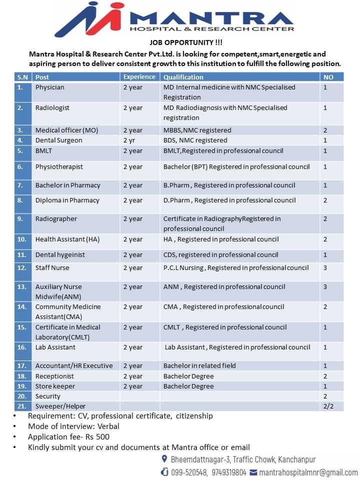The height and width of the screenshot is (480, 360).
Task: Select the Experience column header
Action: coord(139,77)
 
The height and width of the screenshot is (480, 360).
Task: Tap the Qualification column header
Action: coord(183,77)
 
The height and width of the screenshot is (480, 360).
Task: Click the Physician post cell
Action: coord(49,87)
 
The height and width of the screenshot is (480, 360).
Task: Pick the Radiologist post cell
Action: coord(52,107)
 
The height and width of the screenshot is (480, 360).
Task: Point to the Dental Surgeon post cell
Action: coord(58,140)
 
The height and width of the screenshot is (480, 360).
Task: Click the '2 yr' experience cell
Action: coord(129,140)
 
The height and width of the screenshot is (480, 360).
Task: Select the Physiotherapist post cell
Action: coord(59,167)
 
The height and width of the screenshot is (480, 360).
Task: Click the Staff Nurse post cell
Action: coord(52,268)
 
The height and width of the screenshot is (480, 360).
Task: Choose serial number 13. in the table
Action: coord(21,287)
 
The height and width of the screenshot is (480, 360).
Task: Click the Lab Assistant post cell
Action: coord(55,347)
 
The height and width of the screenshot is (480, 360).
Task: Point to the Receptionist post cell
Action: coord(54,376)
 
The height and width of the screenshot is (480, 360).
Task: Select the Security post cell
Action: coord(47,396)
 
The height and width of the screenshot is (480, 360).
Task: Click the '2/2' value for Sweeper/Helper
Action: coord(328,406)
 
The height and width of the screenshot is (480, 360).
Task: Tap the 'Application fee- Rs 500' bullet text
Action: coord(68,436)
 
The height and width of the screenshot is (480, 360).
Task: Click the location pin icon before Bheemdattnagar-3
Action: coord(164,459)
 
